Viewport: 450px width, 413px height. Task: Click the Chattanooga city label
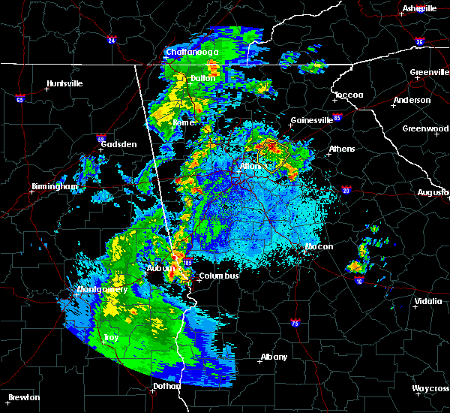point(192,53)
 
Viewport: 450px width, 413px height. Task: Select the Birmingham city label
point(55,186)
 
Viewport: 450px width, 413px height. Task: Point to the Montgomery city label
point(102,289)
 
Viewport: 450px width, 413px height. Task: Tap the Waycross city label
point(430,389)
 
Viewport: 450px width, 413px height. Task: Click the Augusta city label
point(433,192)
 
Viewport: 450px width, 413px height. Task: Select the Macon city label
point(319,246)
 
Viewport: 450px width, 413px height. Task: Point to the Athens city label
point(341,149)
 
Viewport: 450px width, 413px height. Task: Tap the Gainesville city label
point(311,120)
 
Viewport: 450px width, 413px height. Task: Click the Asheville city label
point(419,8)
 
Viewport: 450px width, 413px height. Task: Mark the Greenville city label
point(429,73)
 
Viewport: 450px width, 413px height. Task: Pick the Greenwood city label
point(425,128)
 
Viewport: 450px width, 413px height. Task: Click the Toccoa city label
point(349,95)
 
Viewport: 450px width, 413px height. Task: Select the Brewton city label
point(24,397)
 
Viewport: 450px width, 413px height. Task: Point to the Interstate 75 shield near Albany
point(295,322)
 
